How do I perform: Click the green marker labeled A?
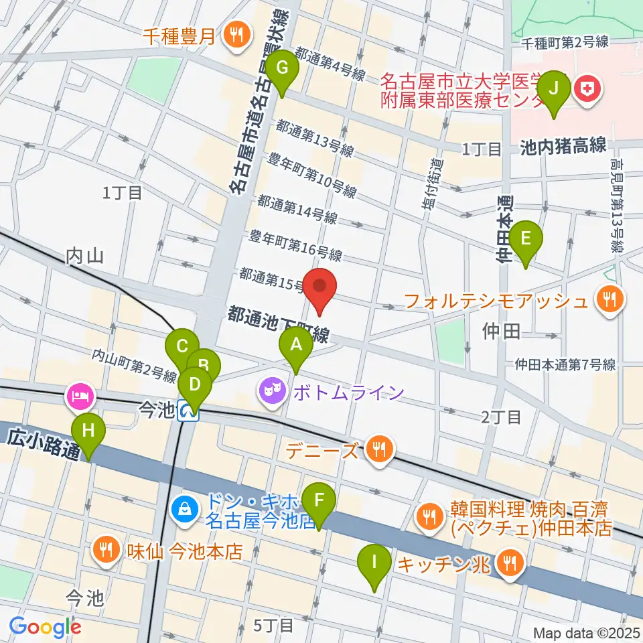click(x=295, y=347)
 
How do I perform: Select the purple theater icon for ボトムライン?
click(x=273, y=391)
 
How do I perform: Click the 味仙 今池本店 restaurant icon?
click(x=106, y=552)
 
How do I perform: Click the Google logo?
click(x=45, y=627)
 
